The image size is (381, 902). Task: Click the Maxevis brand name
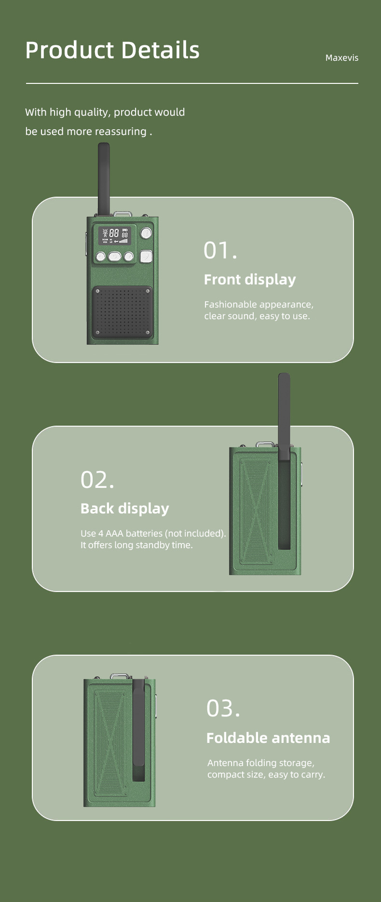click(x=341, y=58)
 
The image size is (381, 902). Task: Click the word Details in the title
click(x=160, y=50)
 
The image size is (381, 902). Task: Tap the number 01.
click(x=220, y=250)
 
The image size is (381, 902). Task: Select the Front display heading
click(x=249, y=280)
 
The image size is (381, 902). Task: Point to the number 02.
click(x=97, y=480)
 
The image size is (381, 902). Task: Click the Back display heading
click(x=124, y=509)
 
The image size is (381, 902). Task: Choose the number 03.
click(x=223, y=708)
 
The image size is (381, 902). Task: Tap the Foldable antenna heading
click(x=268, y=738)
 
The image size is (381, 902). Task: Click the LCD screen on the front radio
click(x=115, y=236)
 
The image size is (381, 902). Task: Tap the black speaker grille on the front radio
click(x=122, y=312)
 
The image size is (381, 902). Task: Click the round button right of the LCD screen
click(x=146, y=234)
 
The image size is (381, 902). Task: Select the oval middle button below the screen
click(x=115, y=256)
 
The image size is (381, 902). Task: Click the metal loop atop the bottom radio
click(x=118, y=677)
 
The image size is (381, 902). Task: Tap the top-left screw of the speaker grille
click(x=98, y=292)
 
